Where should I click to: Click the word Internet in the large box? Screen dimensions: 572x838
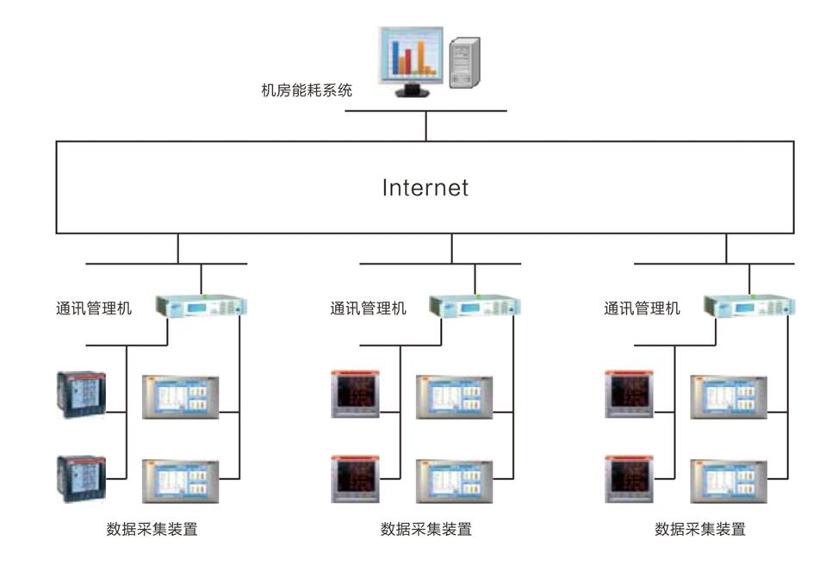click(x=425, y=188)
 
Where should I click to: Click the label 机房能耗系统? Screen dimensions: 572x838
click(x=307, y=90)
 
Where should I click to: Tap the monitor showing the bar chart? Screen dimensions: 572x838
click(x=411, y=58)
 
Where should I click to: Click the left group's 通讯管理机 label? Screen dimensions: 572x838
click(x=94, y=308)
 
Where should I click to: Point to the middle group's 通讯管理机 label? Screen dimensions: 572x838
click(x=368, y=308)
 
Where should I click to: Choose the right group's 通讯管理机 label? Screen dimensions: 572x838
click(x=642, y=308)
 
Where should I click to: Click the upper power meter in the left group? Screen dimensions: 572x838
click(x=81, y=395)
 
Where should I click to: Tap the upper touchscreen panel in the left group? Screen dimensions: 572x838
click(x=180, y=397)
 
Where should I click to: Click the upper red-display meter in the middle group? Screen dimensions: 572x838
click(x=356, y=395)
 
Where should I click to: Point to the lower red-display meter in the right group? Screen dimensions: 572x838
click(x=630, y=478)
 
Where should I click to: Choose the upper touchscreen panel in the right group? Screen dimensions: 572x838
click(x=728, y=397)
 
